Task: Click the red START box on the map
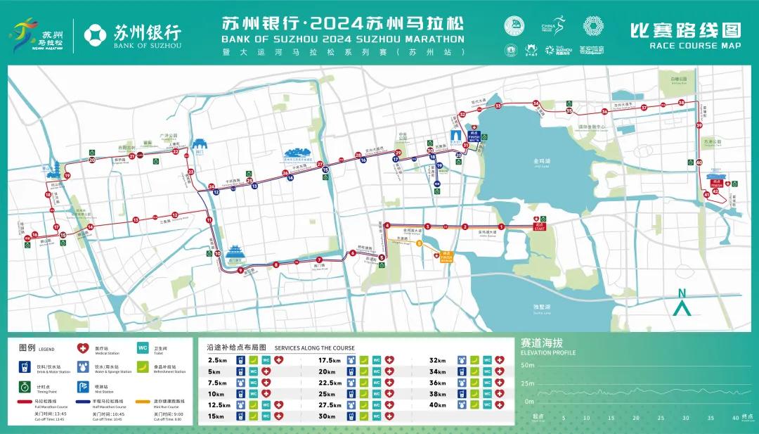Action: tap(540, 226)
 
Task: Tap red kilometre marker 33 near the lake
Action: tap(498, 106)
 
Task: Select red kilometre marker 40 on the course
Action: tap(699, 162)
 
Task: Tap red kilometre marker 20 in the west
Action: tap(92, 160)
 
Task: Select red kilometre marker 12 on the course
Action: tap(175, 215)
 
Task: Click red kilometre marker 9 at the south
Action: tap(240, 270)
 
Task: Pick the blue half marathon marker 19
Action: tap(439, 167)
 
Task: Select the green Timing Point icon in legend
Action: tap(24, 386)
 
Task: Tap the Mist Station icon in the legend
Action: tap(82, 386)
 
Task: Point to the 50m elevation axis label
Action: tap(527, 366)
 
